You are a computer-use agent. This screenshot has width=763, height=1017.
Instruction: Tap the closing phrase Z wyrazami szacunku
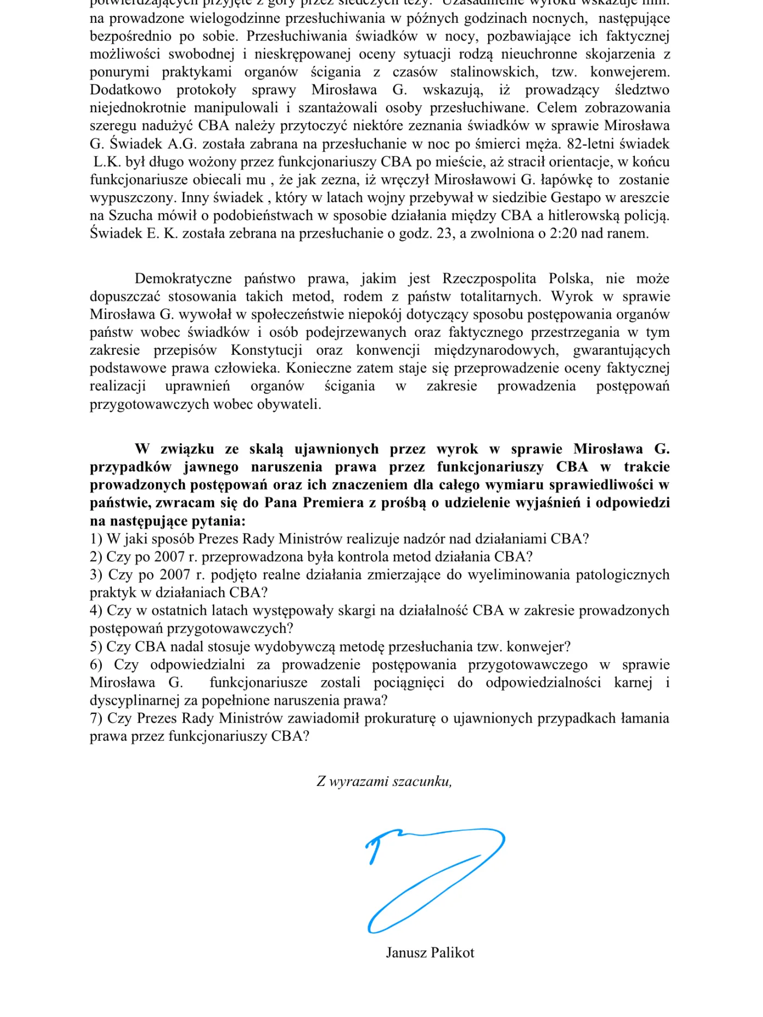point(384,782)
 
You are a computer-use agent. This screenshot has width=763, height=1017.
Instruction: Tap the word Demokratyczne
point(183,279)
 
